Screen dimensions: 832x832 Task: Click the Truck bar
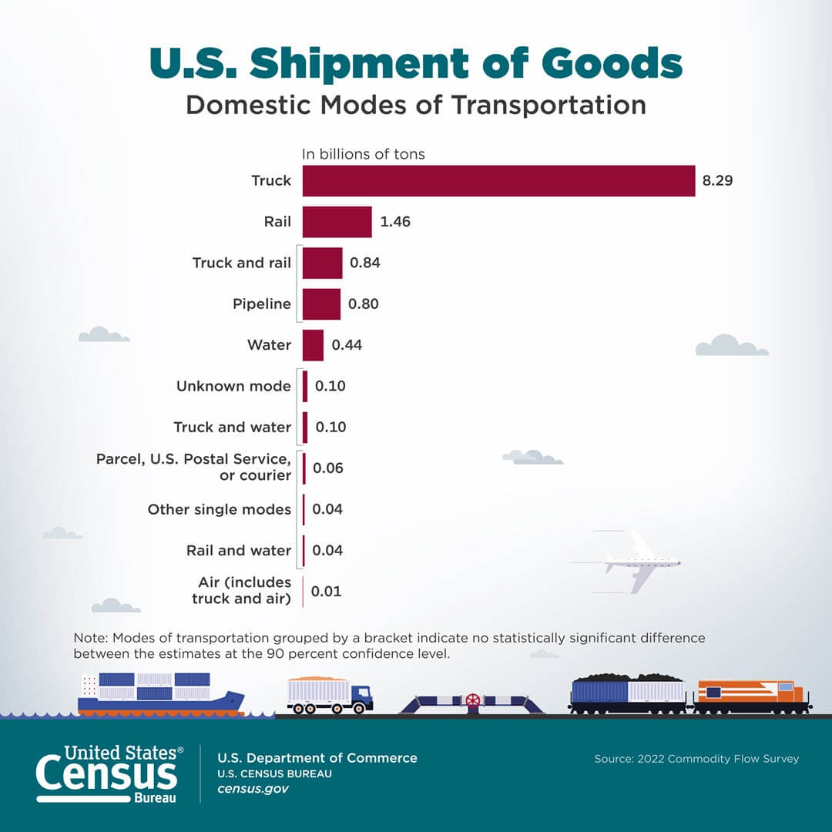[498, 181]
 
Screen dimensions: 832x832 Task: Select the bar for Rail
[337, 222]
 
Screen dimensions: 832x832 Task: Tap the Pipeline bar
[321, 304]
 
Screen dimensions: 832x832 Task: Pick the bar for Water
[313, 345]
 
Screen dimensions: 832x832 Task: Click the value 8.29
[717, 181]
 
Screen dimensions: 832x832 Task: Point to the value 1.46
[395, 222]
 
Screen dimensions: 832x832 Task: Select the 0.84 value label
[365, 263]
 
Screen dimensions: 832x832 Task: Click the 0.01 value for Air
[326, 592]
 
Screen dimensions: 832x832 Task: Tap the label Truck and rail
[241, 263]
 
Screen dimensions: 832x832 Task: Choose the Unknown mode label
[233, 386]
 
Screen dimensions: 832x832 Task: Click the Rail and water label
[239, 550]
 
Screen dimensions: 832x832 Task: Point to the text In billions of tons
[363, 154]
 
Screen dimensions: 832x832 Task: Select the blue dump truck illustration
[330, 695]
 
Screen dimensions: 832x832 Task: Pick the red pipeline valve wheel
[472, 701]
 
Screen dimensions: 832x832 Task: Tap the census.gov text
[253, 790]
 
